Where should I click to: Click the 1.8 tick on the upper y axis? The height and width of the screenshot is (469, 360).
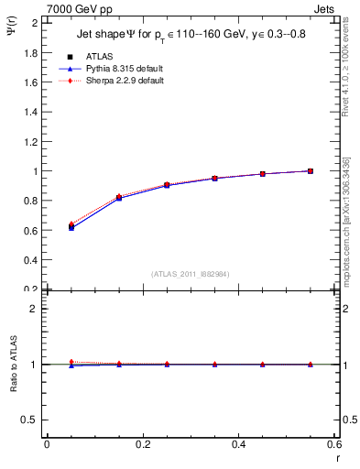coord(32,53)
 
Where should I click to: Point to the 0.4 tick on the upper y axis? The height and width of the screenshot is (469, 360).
coord(32,260)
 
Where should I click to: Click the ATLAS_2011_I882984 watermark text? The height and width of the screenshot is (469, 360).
coord(190,274)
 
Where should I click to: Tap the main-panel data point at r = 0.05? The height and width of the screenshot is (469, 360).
coord(71,227)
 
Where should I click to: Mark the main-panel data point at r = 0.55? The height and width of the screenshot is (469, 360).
coord(311,171)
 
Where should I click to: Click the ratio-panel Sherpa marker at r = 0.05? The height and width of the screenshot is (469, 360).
coord(71,362)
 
